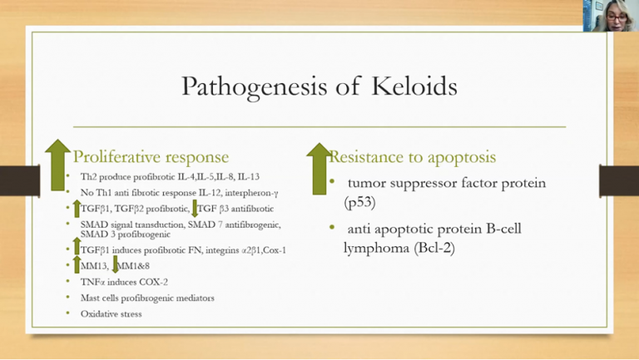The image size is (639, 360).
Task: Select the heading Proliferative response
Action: click(x=151, y=156)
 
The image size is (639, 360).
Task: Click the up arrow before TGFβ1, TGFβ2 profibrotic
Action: click(x=77, y=209)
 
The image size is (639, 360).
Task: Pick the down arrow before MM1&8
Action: click(x=115, y=266)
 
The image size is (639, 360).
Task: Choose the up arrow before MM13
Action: click(x=77, y=265)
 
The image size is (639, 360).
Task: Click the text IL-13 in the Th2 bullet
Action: click(x=247, y=177)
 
